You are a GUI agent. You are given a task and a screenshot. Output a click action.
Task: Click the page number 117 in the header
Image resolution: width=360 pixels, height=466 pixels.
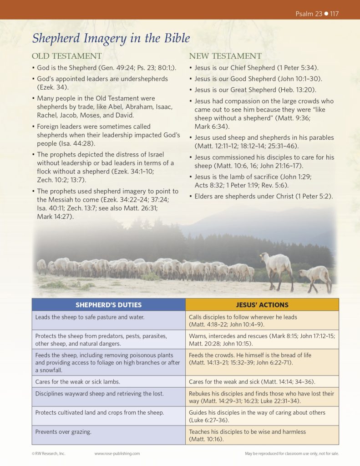coord(335,14)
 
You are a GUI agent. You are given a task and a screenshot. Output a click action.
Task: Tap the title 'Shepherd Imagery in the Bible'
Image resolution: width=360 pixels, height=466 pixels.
coord(111,38)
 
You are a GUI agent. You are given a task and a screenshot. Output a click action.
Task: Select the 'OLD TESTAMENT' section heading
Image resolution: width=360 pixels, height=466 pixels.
coord(66,56)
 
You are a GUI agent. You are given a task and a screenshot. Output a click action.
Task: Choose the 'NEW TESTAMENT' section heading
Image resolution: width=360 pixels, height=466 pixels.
coord(225,56)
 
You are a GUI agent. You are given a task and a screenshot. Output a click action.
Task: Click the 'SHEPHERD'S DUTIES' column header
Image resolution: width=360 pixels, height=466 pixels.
coord(108,304)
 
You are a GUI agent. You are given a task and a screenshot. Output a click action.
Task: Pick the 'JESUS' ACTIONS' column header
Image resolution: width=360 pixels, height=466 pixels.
coord(262,304)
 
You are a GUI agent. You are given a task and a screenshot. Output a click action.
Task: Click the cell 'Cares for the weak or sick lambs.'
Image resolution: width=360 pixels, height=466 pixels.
coord(78,381)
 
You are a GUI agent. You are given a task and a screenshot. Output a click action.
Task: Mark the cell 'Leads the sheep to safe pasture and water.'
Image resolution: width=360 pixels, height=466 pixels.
coord(90,317)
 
